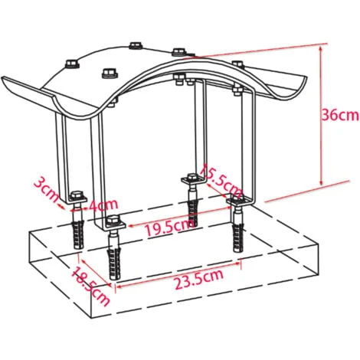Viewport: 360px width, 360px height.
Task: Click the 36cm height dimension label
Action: click(x=340, y=116)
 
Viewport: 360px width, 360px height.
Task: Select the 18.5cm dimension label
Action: click(x=90, y=286)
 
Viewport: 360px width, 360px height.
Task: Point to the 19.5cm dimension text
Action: click(x=170, y=227)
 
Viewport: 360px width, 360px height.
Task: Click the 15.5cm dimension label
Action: click(x=221, y=182)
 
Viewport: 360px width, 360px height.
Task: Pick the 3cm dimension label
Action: click(x=47, y=189)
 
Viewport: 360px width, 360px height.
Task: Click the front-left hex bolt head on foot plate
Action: click(x=76, y=195)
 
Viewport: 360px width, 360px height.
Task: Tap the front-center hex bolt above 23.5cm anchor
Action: click(x=112, y=220)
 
